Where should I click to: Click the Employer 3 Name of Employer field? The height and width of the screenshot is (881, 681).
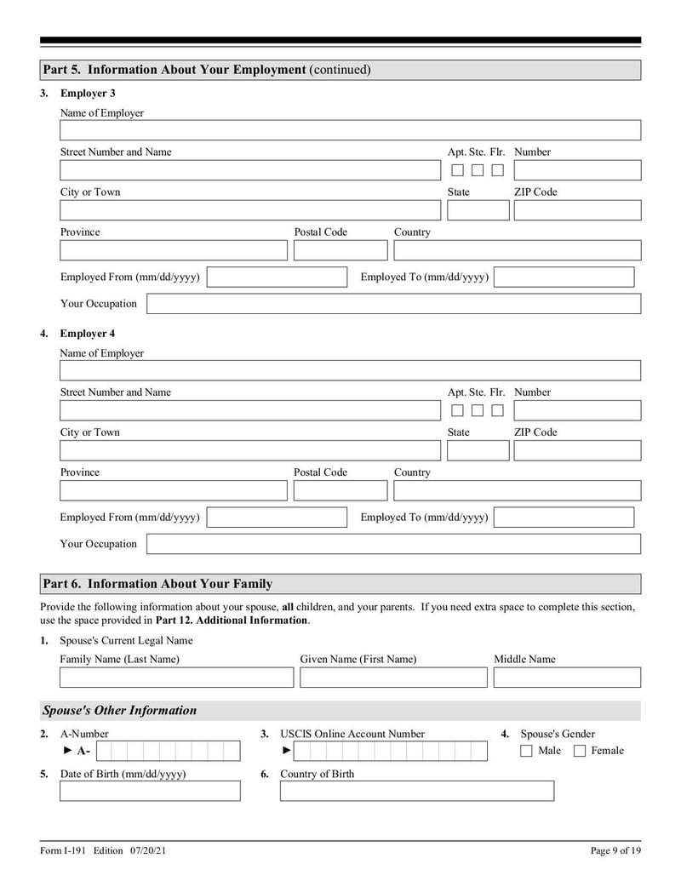pyautogui.click(x=350, y=130)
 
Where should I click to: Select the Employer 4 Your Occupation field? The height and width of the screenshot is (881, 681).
pyautogui.click(x=393, y=544)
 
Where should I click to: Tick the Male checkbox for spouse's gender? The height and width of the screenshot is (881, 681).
pyautogui.click(x=526, y=751)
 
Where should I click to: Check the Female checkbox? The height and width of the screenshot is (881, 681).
pyautogui.click(x=580, y=751)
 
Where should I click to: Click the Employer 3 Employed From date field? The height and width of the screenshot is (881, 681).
pyautogui.click(x=277, y=277)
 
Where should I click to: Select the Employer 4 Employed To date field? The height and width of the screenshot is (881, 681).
pyautogui.click(x=564, y=518)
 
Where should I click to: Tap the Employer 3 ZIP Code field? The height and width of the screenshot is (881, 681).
pyautogui.click(x=576, y=210)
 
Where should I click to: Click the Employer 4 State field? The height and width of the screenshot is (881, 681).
pyautogui.click(x=478, y=450)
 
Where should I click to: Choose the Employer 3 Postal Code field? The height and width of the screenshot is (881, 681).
pyautogui.click(x=340, y=250)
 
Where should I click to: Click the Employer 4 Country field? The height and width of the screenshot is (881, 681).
pyautogui.click(x=517, y=490)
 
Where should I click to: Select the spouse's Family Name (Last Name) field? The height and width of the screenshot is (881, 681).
pyautogui.click(x=176, y=678)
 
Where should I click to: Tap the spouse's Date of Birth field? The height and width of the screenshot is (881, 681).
pyautogui.click(x=150, y=792)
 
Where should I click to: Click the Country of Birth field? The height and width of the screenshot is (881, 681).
pyautogui.click(x=416, y=792)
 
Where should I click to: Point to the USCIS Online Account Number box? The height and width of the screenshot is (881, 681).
pyautogui.click(x=391, y=751)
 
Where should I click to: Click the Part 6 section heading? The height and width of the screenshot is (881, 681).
pyautogui.click(x=157, y=584)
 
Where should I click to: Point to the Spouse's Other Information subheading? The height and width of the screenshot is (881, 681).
pyautogui.click(x=119, y=711)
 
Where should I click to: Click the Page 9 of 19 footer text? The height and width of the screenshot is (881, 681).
pyautogui.click(x=615, y=850)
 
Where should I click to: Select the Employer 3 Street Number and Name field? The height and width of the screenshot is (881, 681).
pyautogui.click(x=246, y=170)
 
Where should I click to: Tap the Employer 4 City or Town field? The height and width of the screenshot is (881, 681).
pyautogui.click(x=246, y=450)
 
